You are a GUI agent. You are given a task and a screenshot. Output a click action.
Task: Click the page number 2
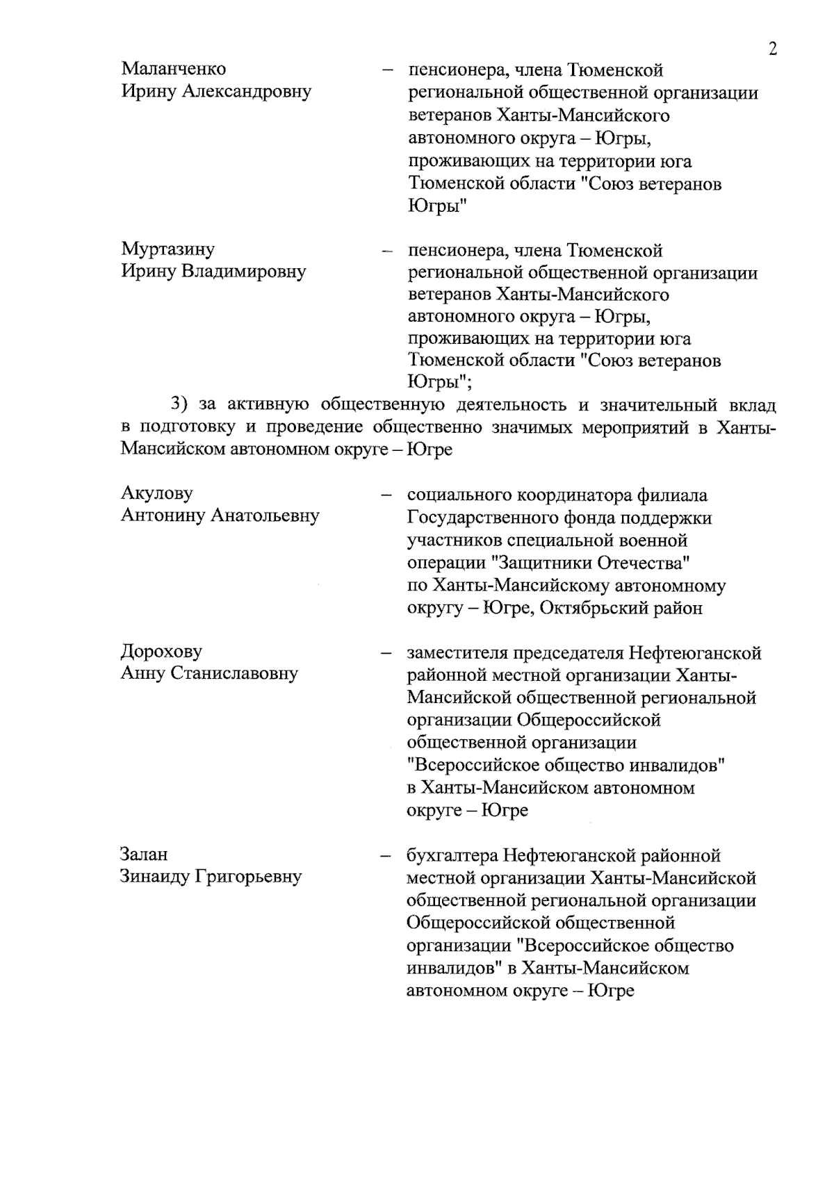[772, 49]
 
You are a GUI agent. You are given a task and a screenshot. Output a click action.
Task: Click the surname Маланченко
[174, 69]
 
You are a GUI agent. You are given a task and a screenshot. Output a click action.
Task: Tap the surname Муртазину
[168, 249]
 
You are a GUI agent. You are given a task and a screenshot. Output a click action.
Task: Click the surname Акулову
[157, 493]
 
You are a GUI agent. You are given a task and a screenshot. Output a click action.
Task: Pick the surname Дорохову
[162, 652]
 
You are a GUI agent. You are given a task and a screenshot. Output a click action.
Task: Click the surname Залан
[145, 854]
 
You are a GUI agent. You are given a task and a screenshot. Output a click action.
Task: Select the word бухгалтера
[452, 855]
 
